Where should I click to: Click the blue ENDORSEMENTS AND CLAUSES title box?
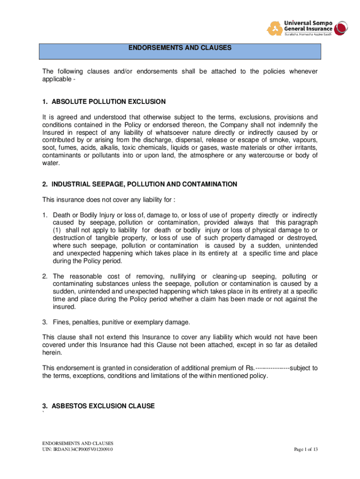(x=180, y=51)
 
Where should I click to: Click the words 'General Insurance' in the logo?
(x=308, y=28)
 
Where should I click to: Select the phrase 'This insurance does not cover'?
(x=85, y=200)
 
